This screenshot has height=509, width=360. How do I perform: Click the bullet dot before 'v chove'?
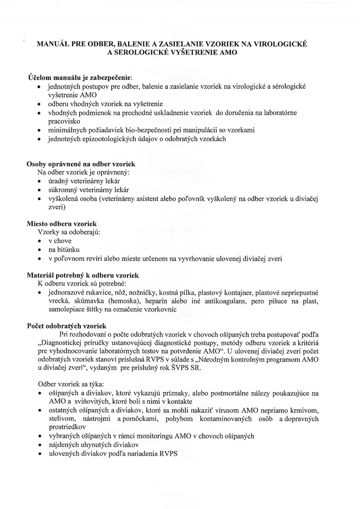pos(40,241)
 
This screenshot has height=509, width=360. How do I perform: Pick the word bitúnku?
pos(68,250)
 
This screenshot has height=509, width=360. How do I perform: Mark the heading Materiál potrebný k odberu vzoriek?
pos(83,275)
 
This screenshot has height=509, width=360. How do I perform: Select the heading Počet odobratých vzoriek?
pos(67,326)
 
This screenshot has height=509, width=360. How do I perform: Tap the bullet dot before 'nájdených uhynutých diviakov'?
pos(40,445)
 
